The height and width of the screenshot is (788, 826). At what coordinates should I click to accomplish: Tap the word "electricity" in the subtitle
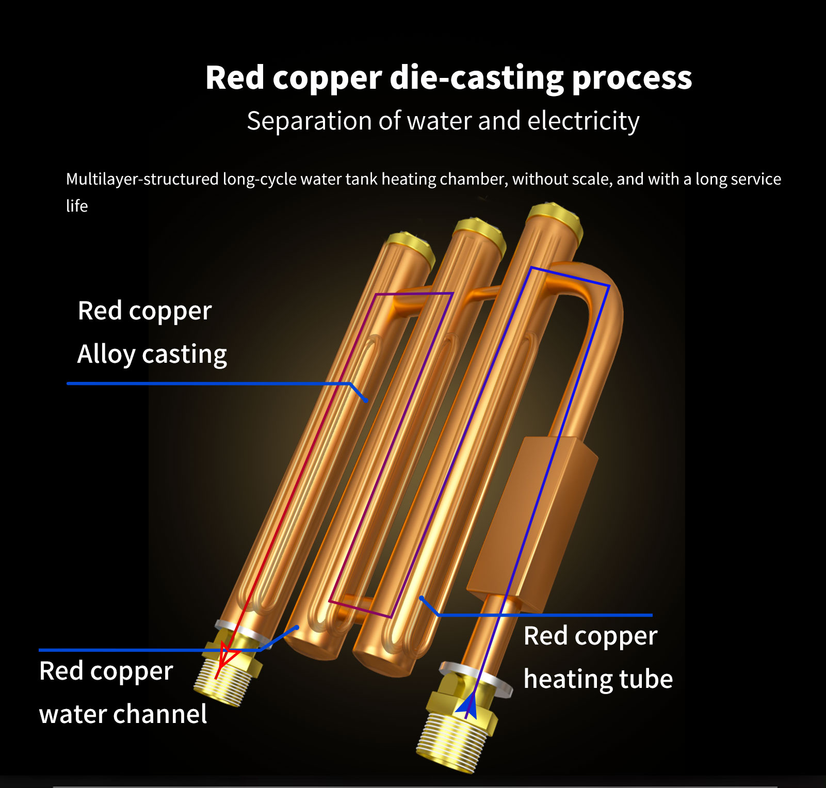(x=583, y=121)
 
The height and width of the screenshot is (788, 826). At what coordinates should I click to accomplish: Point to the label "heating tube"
(x=598, y=679)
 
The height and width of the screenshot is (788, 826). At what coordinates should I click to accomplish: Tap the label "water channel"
(x=123, y=714)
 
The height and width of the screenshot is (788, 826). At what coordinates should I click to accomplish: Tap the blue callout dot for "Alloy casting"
(x=366, y=400)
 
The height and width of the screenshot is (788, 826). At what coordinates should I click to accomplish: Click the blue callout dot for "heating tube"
(x=422, y=599)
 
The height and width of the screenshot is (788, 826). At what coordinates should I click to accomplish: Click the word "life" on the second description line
(x=77, y=206)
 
